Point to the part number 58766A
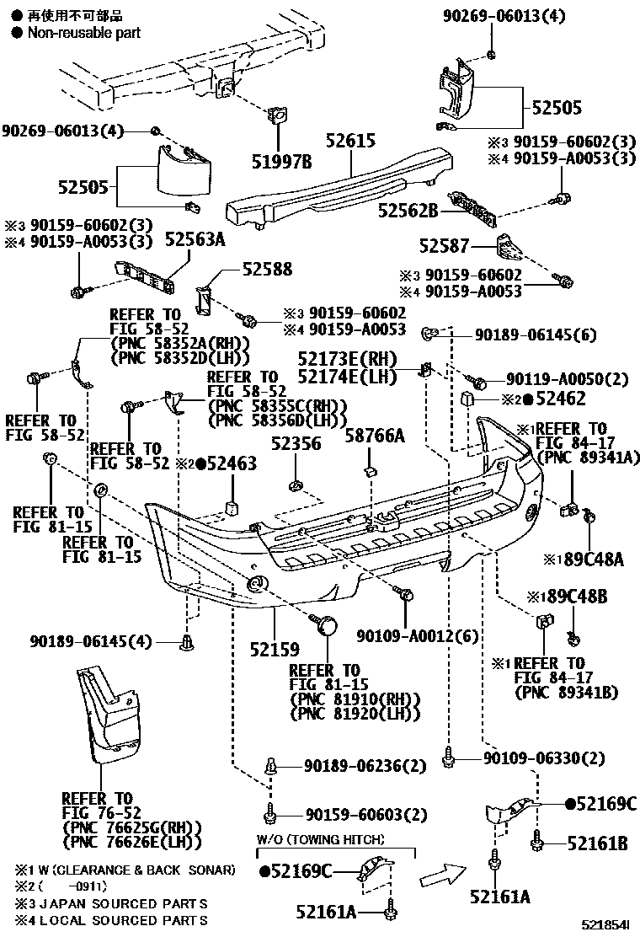pos(375,436)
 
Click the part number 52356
pos(296,444)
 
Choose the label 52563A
pos(195,240)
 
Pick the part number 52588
pos(267,270)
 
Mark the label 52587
pos(447,246)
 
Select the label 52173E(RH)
pos(346,358)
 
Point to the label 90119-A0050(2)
pos(568,380)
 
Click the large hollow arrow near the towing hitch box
pos(443,874)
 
